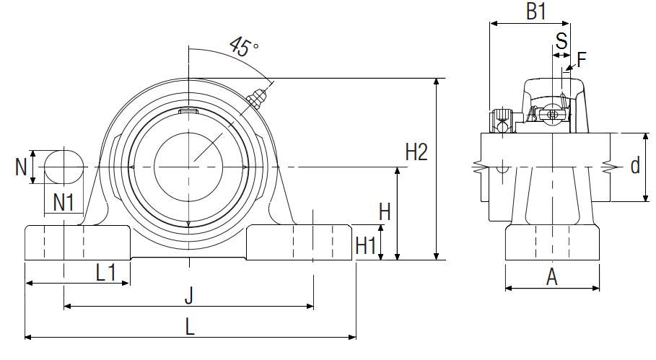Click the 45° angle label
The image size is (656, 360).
[243, 47]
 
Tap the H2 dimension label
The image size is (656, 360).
[416, 152]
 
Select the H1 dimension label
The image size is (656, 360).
[367, 246]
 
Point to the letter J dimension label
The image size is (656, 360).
[188, 295]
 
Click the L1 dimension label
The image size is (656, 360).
[107, 272]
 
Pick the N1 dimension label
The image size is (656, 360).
[64, 203]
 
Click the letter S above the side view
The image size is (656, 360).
[561, 38]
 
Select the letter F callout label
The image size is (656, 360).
[582, 60]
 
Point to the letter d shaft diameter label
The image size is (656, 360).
[634, 167]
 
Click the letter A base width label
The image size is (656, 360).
[552, 276]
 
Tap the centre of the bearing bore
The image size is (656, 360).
[188, 166]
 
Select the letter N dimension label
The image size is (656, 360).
[21, 167]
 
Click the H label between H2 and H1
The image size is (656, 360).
[385, 211]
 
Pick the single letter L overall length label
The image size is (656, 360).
[190, 326]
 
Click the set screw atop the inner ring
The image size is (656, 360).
[188, 110]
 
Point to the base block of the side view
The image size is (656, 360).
[552, 242]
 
